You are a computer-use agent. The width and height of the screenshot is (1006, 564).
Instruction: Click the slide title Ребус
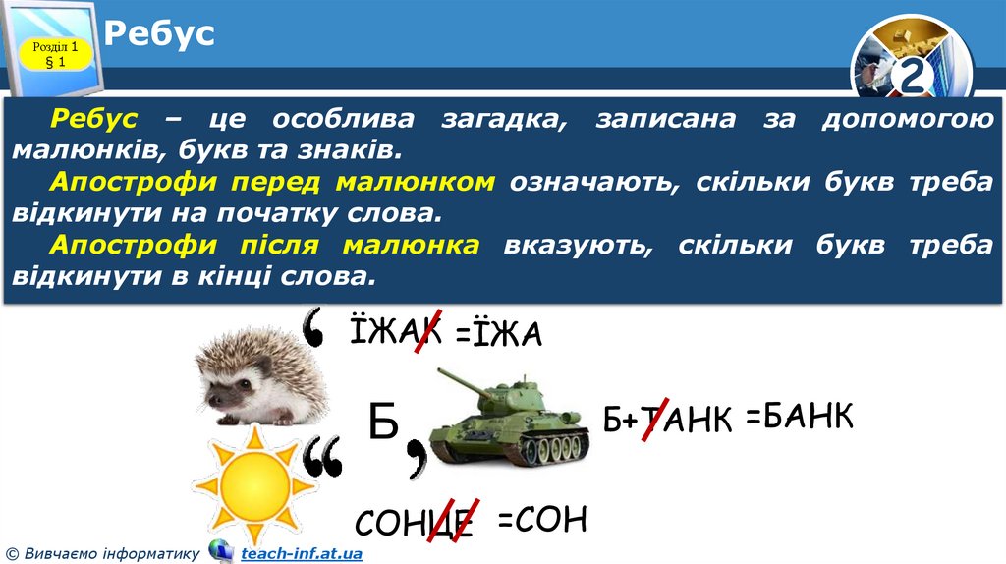coord(159,35)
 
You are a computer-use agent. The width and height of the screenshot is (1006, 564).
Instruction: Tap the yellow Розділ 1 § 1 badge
coord(55,55)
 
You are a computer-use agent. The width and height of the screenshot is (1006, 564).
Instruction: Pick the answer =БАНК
coord(799,416)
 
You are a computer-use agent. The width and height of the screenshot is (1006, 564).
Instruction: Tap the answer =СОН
coord(542,519)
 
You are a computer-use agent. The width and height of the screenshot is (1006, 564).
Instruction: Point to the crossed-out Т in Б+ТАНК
coord(655,420)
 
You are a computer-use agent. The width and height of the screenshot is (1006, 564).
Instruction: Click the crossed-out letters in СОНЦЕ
coord(452,520)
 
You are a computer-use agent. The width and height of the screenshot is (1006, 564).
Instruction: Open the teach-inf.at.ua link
coord(302,554)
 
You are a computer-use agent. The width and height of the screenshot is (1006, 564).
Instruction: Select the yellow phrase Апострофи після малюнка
coord(266,245)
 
